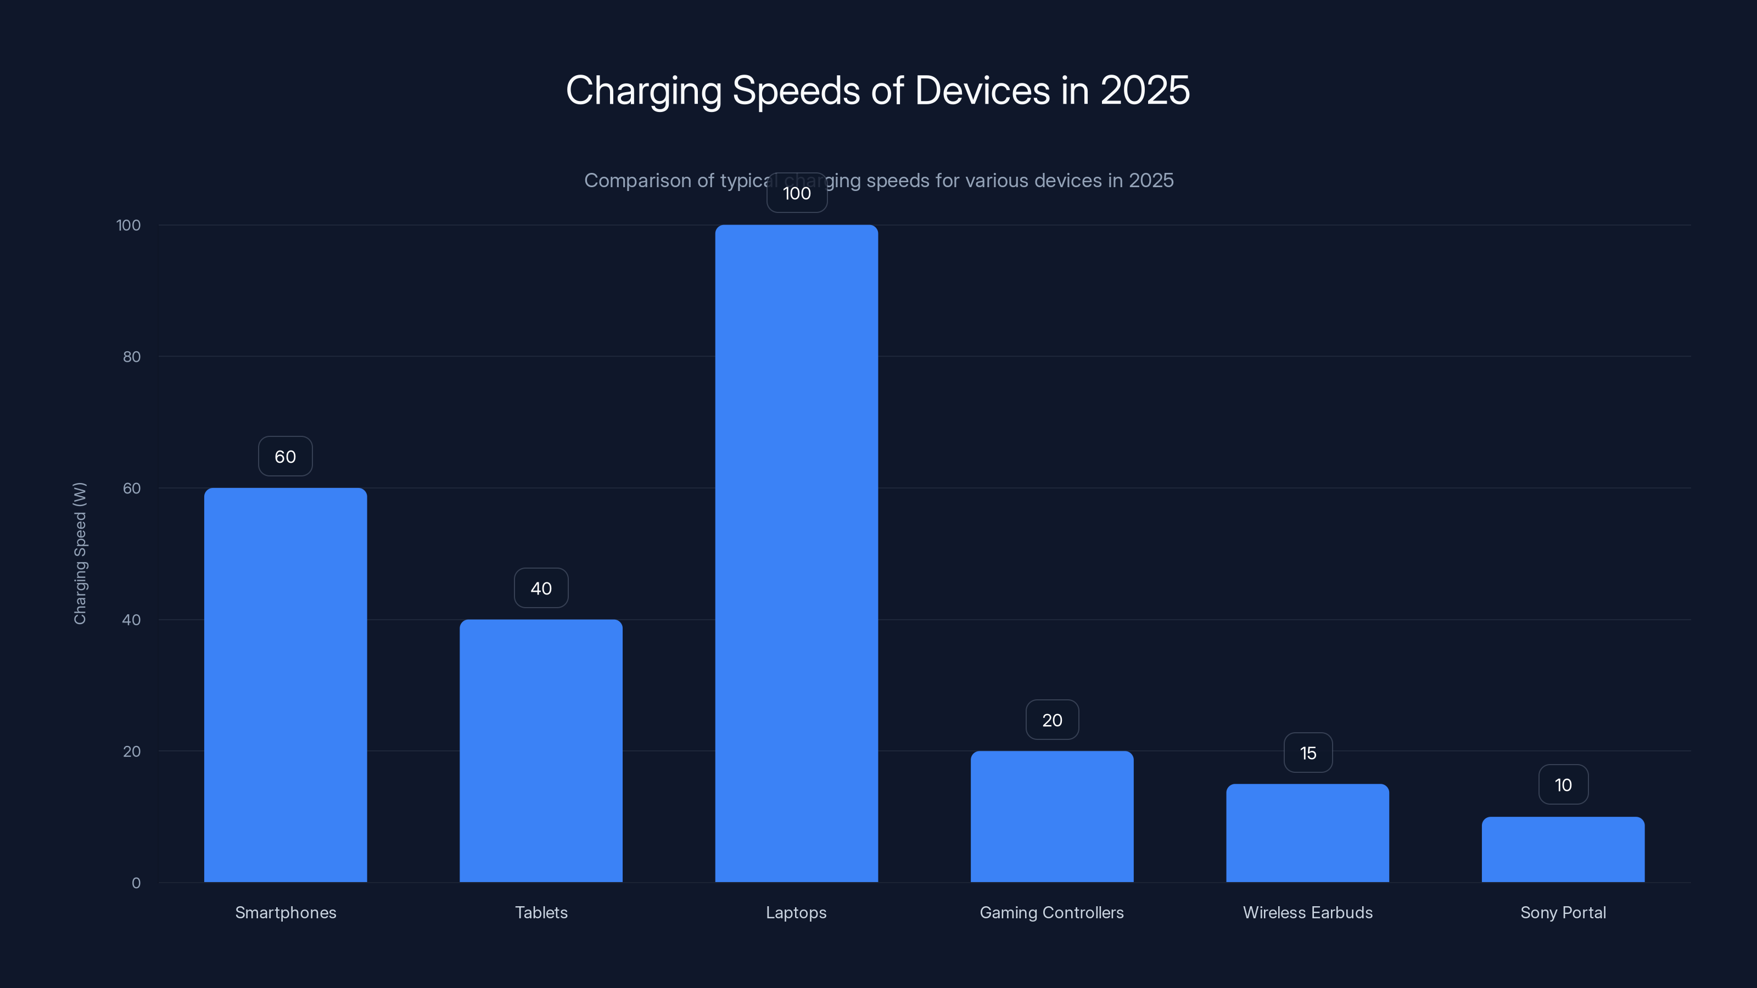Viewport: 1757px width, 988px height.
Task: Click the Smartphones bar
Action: pos(285,684)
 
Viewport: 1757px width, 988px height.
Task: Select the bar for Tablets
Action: pos(541,750)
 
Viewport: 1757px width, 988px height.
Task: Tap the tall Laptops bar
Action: pos(796,553)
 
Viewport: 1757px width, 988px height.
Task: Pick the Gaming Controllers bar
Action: pos(1052,816)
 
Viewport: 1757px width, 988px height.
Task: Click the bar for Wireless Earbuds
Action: pos(1307,833)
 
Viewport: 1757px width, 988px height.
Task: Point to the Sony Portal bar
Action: pos(1563,849)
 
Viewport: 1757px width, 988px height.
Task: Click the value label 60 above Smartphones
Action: pos(285,456)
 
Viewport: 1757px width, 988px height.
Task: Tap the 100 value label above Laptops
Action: pos(797,193)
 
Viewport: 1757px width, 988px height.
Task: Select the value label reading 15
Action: pos(1307,753)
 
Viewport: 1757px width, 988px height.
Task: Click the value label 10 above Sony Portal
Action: pos(1563,785)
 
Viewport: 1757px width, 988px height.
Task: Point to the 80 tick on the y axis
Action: pos(132,357)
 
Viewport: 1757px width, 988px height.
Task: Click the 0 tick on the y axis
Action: pos(136,883)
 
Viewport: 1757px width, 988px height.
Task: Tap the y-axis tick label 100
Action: pos(128,225)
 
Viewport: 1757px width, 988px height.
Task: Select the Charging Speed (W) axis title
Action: pos(80,553)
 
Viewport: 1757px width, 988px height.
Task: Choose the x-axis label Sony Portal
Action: pos(1563,912)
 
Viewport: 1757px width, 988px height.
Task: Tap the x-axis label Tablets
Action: pos(541,912)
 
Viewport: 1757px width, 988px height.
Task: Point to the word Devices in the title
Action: pos(982,90)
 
